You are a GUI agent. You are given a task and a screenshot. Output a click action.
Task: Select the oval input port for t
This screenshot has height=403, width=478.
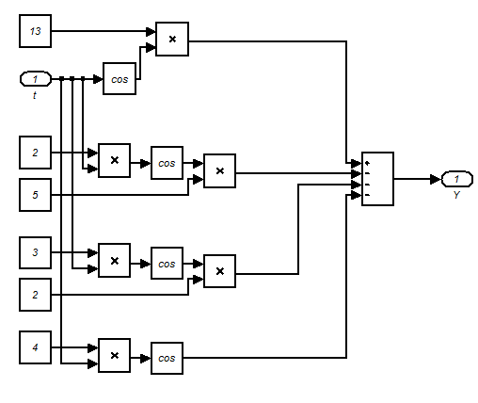[x=36, y=78]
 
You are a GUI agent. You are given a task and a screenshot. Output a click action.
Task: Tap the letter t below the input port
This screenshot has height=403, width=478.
[x=35, y=95]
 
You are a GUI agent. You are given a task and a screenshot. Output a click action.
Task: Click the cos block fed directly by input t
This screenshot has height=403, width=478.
[x=119, y=78]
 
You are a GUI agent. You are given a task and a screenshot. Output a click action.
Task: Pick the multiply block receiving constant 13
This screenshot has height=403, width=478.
[x=172, y=39]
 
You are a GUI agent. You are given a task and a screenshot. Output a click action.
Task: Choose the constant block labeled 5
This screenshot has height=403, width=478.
[x=36, y=194]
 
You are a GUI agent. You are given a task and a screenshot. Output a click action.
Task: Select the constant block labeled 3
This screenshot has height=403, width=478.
[x=36, y=252]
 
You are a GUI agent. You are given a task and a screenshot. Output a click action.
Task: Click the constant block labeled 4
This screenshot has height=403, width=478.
[x=36, y=347]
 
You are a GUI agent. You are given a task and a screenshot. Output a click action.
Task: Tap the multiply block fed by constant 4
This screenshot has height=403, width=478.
[x=114, y=357]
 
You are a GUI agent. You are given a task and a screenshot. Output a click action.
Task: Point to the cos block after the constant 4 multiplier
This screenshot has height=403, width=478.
[x=167, y=357]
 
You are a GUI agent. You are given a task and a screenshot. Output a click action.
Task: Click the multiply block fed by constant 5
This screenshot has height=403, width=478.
[x=219, y=170]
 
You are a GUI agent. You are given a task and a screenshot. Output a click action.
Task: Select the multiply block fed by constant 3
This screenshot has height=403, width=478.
[x=114, y=260]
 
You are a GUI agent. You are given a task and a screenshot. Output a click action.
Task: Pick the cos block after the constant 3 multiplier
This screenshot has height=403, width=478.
[x=167, y=261]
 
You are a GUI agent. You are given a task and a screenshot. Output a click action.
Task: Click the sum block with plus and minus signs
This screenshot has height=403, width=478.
[x=377, y=178]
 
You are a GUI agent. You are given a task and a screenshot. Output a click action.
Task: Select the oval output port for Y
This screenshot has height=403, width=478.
[x=456, y=178]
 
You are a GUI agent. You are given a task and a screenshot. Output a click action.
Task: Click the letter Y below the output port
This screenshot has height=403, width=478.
[x=456, y=195]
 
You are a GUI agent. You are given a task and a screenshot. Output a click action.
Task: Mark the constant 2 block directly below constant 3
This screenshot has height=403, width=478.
[x=36, y=295]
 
